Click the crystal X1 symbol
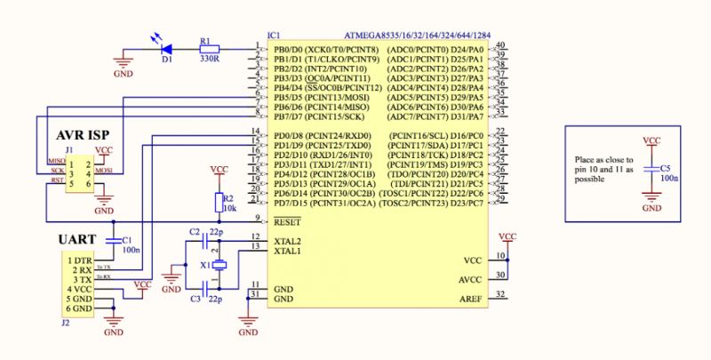point(219,264)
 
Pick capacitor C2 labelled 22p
point(210,240)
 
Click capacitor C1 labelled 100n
point(114,240)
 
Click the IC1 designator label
point(275,36)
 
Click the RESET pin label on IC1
point(286,220)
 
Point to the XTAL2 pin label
point(287,240)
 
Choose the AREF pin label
point(470,299)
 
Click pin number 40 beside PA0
point(501,45)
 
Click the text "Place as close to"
point(604,158)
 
